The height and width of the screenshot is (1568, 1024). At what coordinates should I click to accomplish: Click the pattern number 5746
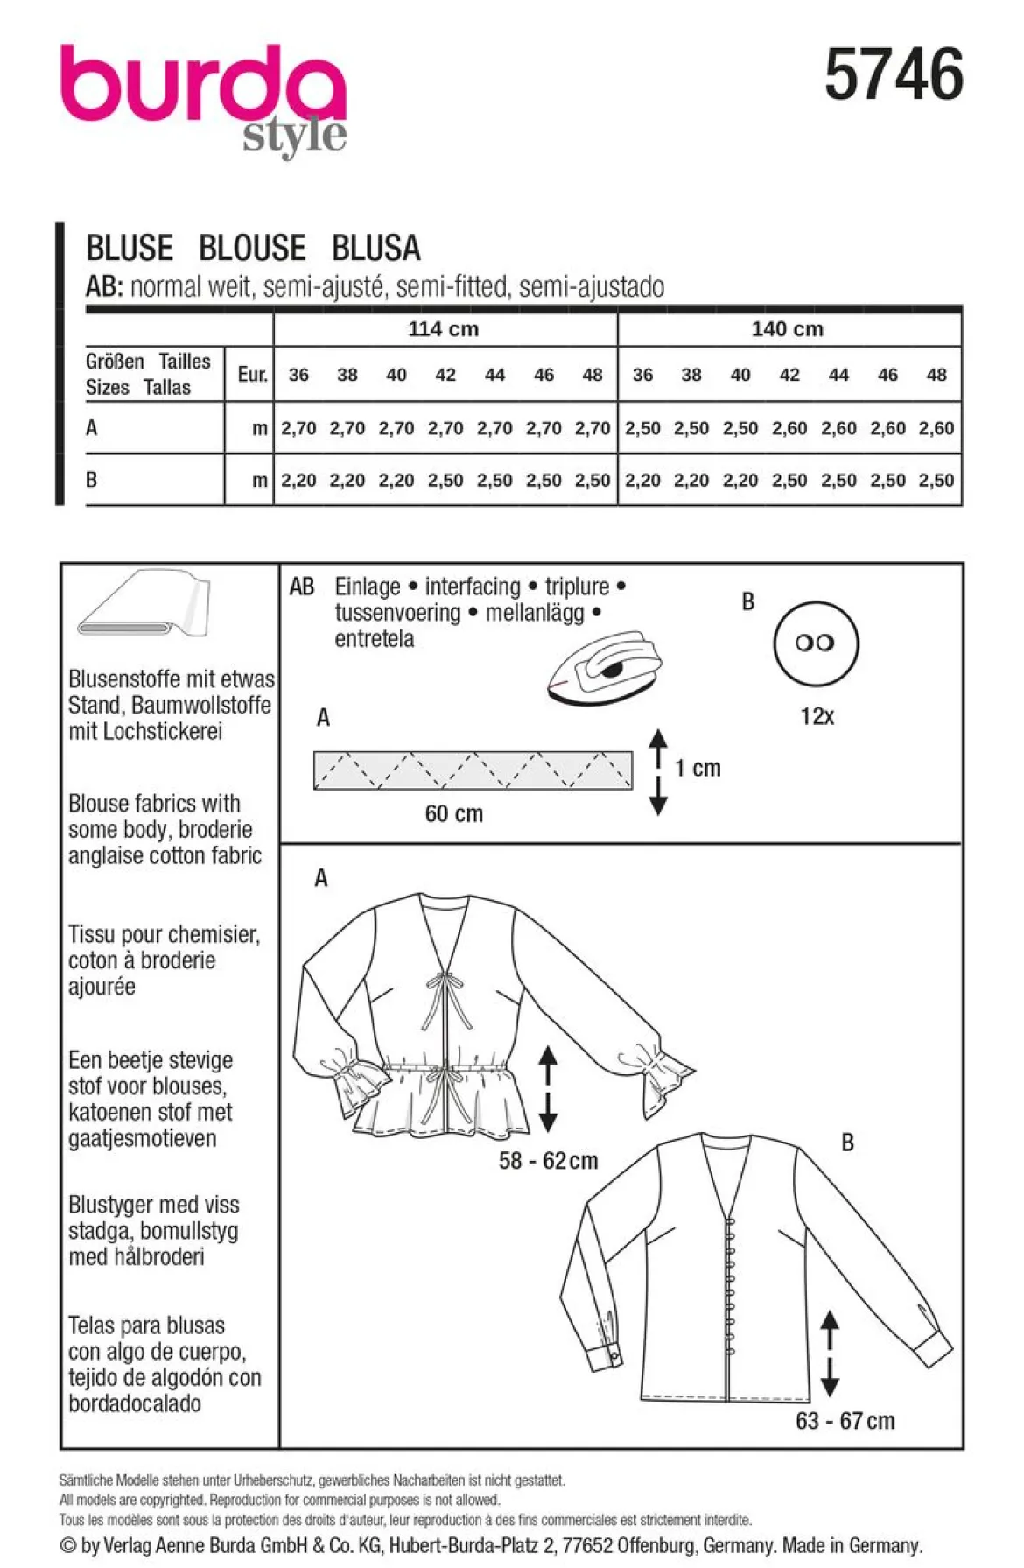(894, 74)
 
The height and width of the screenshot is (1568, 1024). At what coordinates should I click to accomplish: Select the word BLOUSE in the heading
(252, 248)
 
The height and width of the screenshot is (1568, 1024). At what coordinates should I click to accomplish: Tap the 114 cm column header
(444, 329)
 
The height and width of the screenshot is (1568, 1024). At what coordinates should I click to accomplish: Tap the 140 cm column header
(787, 329)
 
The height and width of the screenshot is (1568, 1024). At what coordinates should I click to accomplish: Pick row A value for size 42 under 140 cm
(789, 428)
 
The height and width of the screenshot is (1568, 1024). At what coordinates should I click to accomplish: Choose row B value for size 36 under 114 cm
(298, 480)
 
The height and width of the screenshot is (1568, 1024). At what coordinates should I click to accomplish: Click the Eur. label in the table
(252, 375)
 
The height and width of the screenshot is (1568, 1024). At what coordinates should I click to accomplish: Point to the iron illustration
(605, 665)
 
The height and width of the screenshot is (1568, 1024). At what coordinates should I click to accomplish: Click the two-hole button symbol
(816, 643)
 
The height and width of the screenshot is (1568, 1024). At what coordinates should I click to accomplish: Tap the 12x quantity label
(817, 716)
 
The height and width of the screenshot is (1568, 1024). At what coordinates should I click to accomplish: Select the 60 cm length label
(453, 813)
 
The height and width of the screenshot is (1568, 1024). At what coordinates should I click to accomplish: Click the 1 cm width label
(698, 768)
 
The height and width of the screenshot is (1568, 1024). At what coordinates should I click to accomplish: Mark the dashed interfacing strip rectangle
(473, 770)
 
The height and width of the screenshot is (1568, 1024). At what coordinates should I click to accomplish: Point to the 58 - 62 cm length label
(548, 1161)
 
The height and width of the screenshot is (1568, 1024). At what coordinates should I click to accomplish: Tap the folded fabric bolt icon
(144, 604)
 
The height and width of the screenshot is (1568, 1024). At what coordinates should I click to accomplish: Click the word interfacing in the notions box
(473, 587)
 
